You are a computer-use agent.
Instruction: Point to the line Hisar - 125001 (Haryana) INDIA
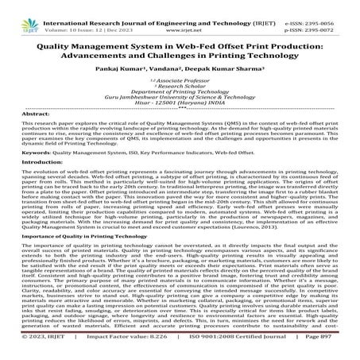point(180,103)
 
